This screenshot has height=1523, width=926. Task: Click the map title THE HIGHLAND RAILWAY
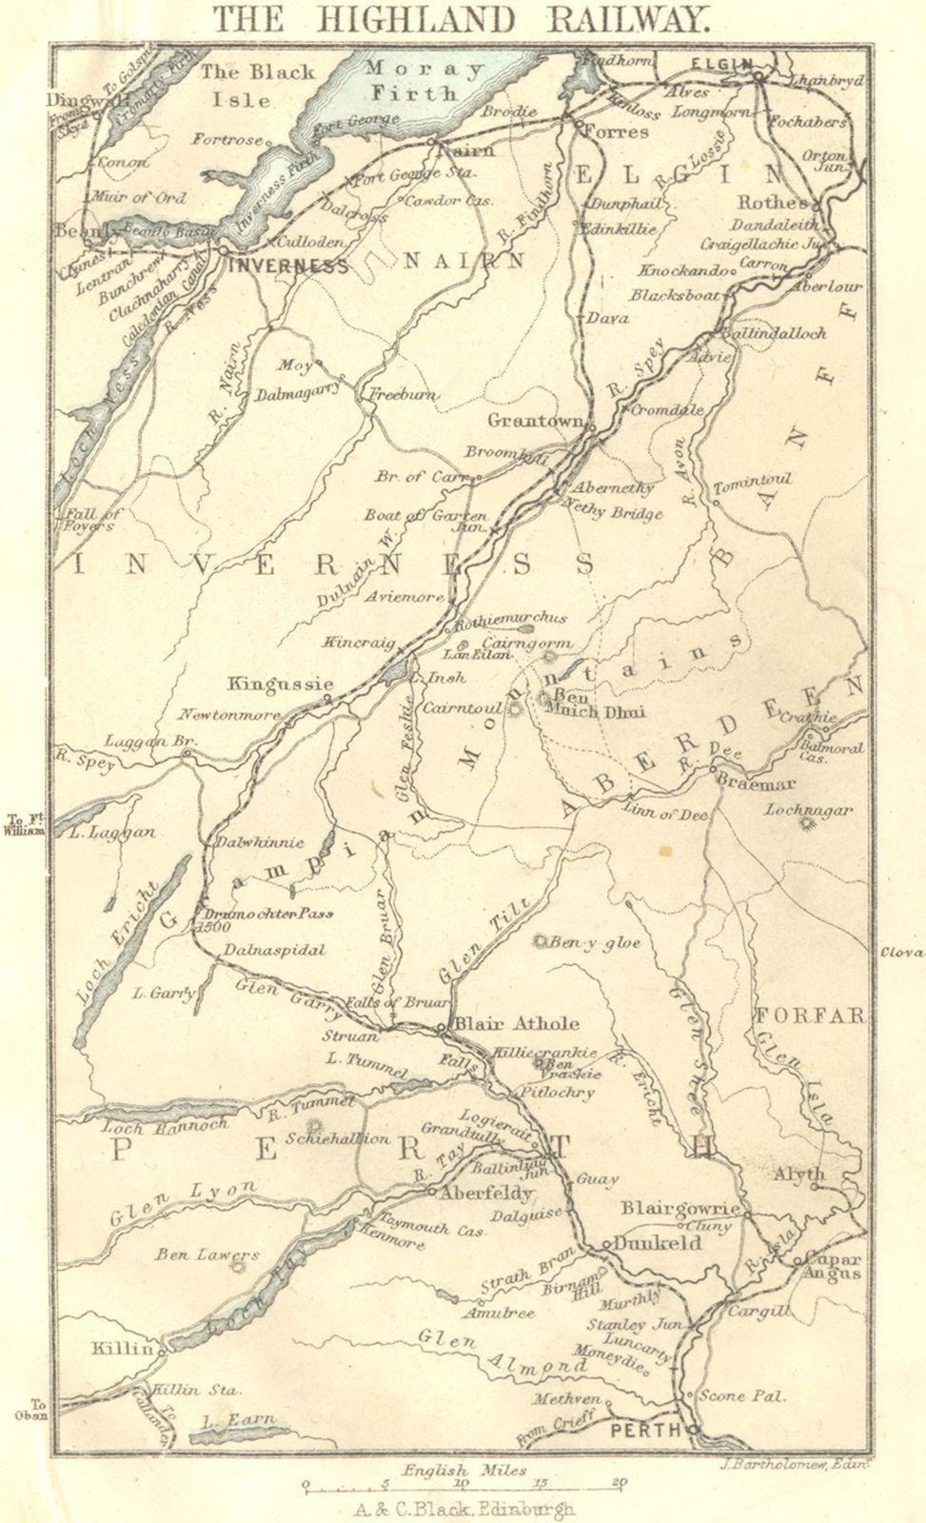click(460, 18)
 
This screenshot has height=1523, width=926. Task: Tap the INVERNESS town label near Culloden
click(286, 266)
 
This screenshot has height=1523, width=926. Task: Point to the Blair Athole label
click(517, 1023)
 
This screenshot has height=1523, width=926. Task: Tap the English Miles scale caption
click(463, 1470)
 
